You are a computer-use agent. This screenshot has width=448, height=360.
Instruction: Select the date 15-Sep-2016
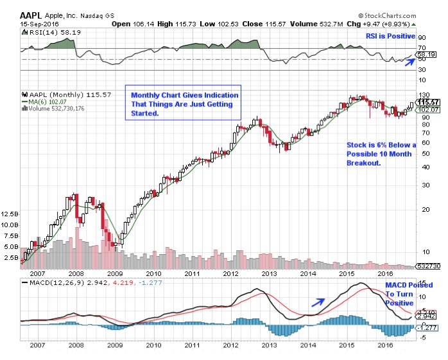click(39, 24)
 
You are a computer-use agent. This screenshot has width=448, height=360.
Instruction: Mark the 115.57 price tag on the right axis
click(427, 102)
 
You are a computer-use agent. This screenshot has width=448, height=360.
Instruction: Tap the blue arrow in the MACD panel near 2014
click(317, 301)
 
